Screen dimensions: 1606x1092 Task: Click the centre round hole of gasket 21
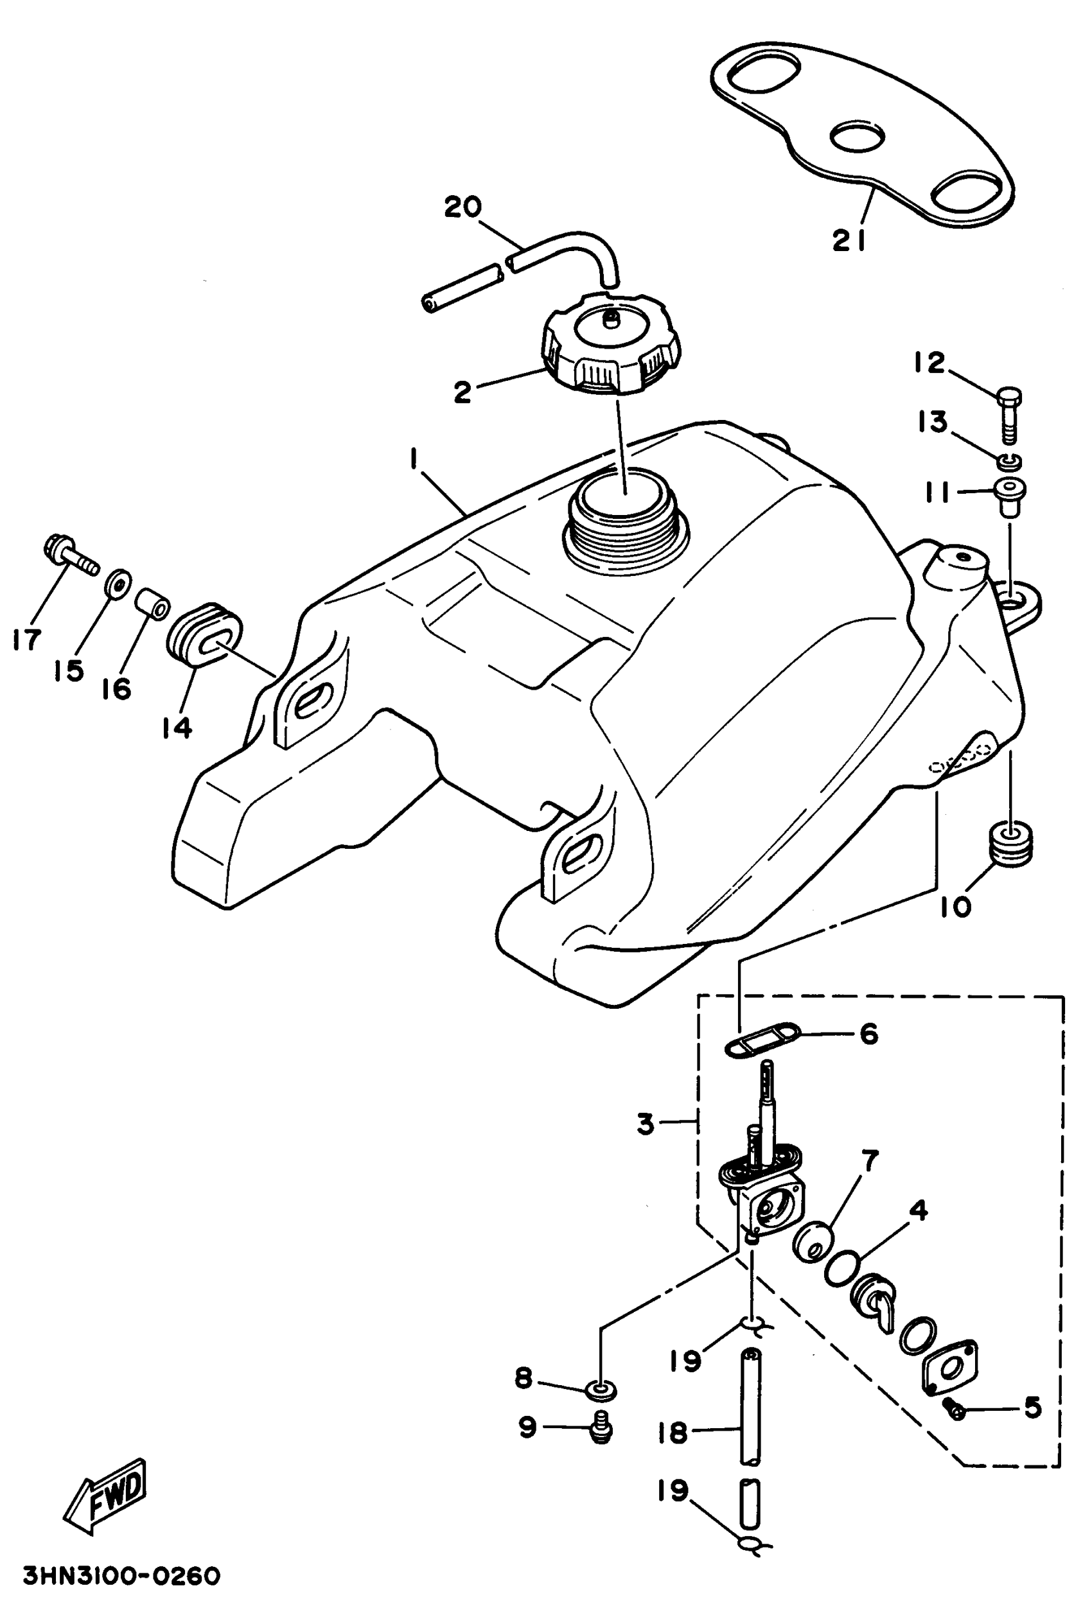pos(857,136)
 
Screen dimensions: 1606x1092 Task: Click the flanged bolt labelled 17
pos(66,553)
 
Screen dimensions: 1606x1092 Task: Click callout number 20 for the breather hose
pos(462,207)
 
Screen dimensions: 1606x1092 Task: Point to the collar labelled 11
pos(1010,496)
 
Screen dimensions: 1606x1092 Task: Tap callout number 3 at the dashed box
pos(645,1124)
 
